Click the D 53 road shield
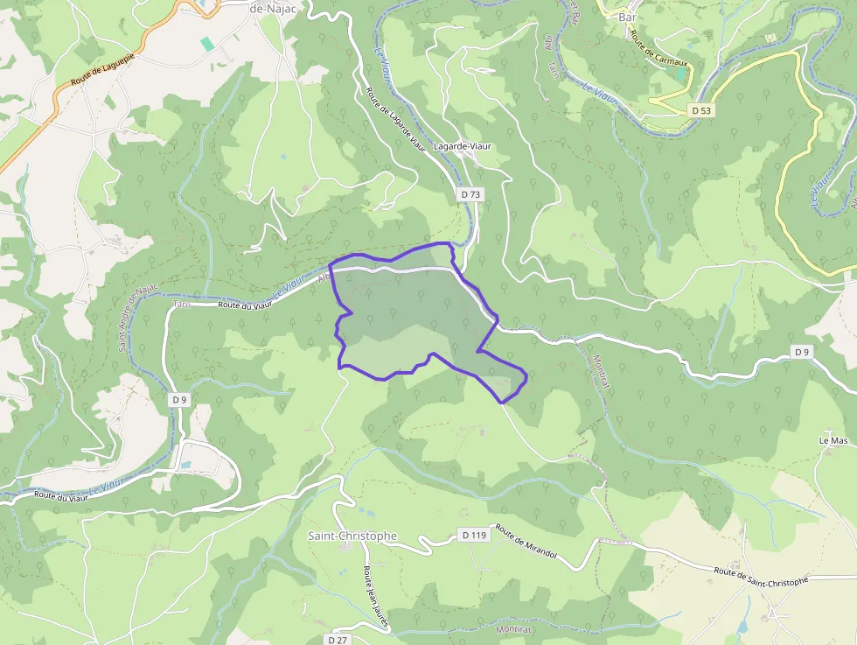click(x=700, y=110)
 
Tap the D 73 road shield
click(x=470, y=194)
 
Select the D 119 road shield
click(x=473, y=535)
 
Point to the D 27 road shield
click(x=338, y=640)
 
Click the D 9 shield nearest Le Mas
click(x=802, y=351)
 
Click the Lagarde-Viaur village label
click(x=463, y=146)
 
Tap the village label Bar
click(x=627, y=17)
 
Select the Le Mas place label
click(x=833, y=439)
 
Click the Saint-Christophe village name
click(x=352, y=536)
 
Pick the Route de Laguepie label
click(x=93, y=72)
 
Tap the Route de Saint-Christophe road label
click(x=760, y=575)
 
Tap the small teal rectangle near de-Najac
click(x=206, y=43)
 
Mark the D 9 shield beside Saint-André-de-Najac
click(x=179, y=399)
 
